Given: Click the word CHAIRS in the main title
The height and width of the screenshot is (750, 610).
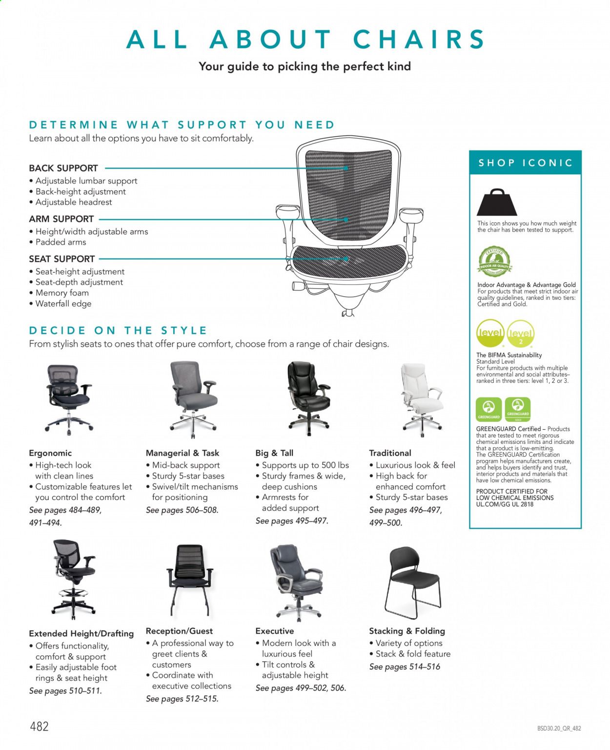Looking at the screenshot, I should [419, 39].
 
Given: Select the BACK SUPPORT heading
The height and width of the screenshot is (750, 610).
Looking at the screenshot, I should [63, 168].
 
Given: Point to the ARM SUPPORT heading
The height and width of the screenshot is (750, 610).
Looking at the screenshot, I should [61, 219].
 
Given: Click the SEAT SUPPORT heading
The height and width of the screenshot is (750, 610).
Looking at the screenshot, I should [62, 259].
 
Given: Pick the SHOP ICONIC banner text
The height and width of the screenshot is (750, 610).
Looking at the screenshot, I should [525, 163].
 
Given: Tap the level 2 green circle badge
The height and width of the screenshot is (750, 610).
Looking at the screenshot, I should [520, 334].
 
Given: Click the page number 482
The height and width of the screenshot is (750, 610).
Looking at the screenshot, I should [39, 726].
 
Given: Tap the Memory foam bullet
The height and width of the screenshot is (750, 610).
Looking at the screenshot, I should [62, 293].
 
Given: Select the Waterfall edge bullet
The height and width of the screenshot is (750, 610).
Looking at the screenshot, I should [63, 304].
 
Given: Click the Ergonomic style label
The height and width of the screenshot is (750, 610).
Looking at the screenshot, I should [50, 453].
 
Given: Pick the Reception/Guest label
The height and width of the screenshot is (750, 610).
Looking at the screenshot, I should [179, 631].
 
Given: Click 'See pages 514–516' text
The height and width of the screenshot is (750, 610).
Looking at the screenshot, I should [405, 667].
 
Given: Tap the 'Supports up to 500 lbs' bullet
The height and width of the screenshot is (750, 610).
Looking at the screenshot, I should [305, 465].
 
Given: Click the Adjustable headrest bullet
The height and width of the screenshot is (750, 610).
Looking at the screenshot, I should [74, 202].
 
